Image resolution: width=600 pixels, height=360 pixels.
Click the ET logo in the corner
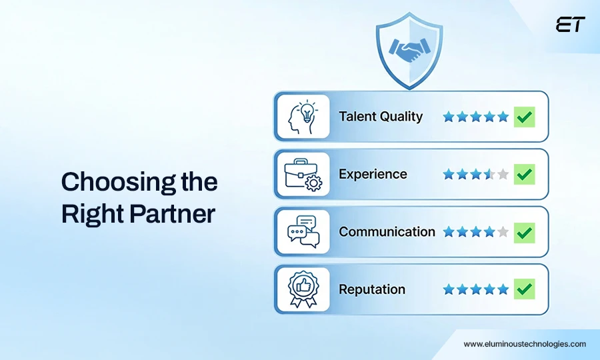570,25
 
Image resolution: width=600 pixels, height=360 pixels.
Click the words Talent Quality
381,117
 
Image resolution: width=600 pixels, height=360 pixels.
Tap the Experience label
373,175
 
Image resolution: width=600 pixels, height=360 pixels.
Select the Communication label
387,232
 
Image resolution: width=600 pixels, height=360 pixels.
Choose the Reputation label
372,289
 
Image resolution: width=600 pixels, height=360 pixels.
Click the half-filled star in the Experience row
489,175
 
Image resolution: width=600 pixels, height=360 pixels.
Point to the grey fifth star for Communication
503,232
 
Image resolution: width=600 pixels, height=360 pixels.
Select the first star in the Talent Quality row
449,117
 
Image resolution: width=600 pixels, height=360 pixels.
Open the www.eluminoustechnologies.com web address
525,344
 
